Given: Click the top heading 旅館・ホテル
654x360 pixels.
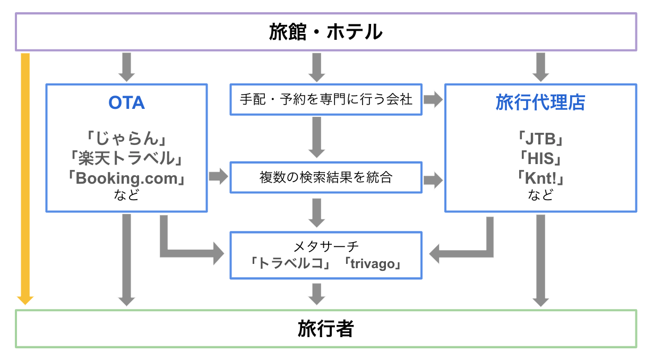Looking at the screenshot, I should click(325, 32).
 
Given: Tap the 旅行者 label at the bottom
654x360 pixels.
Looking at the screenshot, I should click(325, 329).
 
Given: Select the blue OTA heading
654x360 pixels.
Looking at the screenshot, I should click(126, 102).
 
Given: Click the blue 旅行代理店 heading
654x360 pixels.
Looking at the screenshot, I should click(540, 102).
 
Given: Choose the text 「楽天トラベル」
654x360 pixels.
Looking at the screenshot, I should click(126, 158).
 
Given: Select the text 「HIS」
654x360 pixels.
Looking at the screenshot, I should click(540, 158).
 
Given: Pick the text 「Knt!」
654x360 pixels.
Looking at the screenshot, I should click(540, 177).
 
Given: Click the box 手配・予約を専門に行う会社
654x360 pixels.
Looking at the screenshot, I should click(325, 99).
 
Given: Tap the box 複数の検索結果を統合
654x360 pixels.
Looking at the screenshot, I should click(325, 177).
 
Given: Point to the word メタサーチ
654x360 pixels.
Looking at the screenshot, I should click(325, 246).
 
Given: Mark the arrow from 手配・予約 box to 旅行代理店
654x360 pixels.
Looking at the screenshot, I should click(433, 99).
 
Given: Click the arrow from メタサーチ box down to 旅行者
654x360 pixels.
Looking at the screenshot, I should click(316, 294).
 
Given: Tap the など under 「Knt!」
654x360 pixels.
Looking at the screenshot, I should click(540, 195).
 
